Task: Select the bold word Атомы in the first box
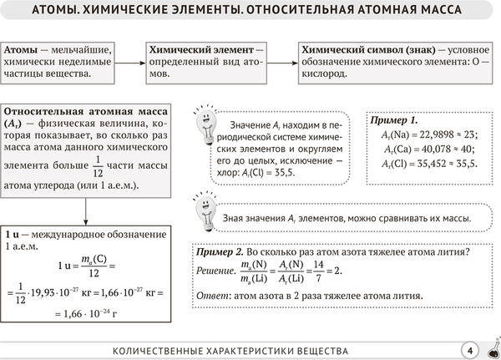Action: pyautogui.click(x=20, y=50)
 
